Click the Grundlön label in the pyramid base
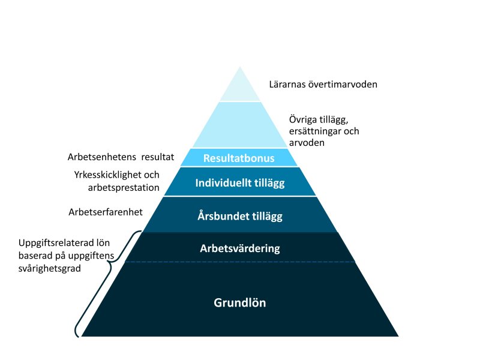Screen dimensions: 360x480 click(239, 303)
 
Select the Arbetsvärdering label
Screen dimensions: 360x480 click(239, 248)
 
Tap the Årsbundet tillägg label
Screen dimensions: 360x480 click(239, 215)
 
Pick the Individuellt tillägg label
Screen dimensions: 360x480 click(239, 183)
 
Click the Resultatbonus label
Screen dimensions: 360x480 click(239, 158)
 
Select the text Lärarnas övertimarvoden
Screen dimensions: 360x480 click(322, 85)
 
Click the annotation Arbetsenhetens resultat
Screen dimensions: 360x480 click(121, 158)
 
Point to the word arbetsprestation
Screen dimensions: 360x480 click(122, 187)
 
